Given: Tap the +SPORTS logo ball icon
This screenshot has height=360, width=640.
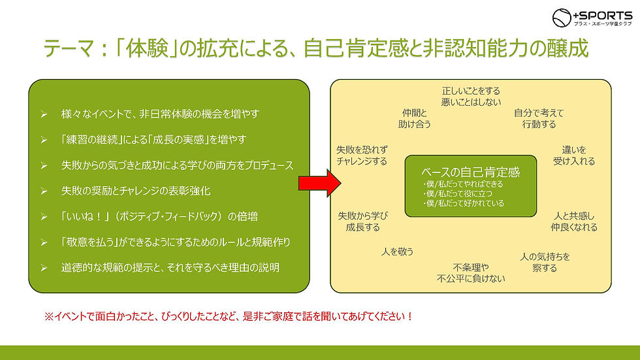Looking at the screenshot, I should [562, 18].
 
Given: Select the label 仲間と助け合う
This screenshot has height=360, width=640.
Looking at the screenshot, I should [415, 118].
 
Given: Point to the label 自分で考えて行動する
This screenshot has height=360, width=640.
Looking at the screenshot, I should [539, 118].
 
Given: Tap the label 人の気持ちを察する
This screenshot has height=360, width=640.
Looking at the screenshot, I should [545, 262].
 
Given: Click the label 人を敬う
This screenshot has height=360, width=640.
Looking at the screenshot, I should [397, 251].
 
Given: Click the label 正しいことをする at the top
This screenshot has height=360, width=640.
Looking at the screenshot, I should [471, 91].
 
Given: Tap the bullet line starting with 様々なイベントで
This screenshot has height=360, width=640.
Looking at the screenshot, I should [160, 114].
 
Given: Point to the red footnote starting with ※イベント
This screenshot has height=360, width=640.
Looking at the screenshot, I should [229, 316].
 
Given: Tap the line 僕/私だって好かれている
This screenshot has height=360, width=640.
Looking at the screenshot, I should [463, 203].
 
